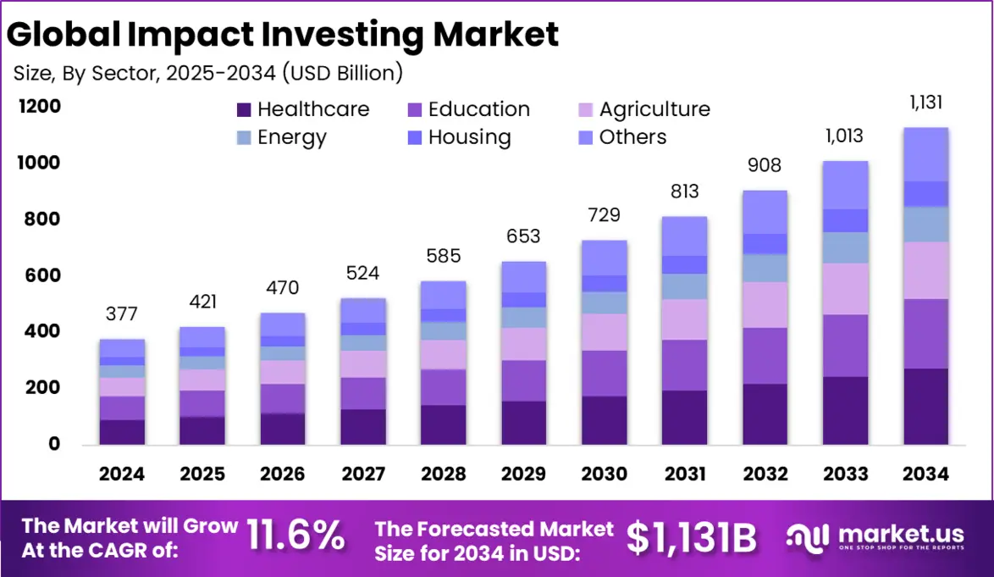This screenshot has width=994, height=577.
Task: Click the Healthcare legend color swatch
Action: [244, 109]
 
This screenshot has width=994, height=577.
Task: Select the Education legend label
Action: [478, 109]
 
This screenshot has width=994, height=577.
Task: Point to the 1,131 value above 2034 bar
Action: [925, 103]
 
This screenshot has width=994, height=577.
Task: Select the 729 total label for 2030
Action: [604, 215]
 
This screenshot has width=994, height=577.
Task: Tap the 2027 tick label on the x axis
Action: [362, 474]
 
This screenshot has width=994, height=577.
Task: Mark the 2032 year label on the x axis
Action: [765, 474]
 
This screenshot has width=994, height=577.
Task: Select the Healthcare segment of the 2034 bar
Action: [925, 407]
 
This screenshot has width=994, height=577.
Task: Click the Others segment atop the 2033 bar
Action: [845, 185]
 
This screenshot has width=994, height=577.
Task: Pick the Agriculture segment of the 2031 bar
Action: [684, 319]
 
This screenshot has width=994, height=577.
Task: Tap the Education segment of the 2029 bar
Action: [523, 380]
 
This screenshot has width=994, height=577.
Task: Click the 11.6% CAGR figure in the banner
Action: [295, 535]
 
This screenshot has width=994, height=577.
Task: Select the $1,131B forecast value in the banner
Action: [692, 535]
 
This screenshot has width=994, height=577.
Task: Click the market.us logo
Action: [875, 535]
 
